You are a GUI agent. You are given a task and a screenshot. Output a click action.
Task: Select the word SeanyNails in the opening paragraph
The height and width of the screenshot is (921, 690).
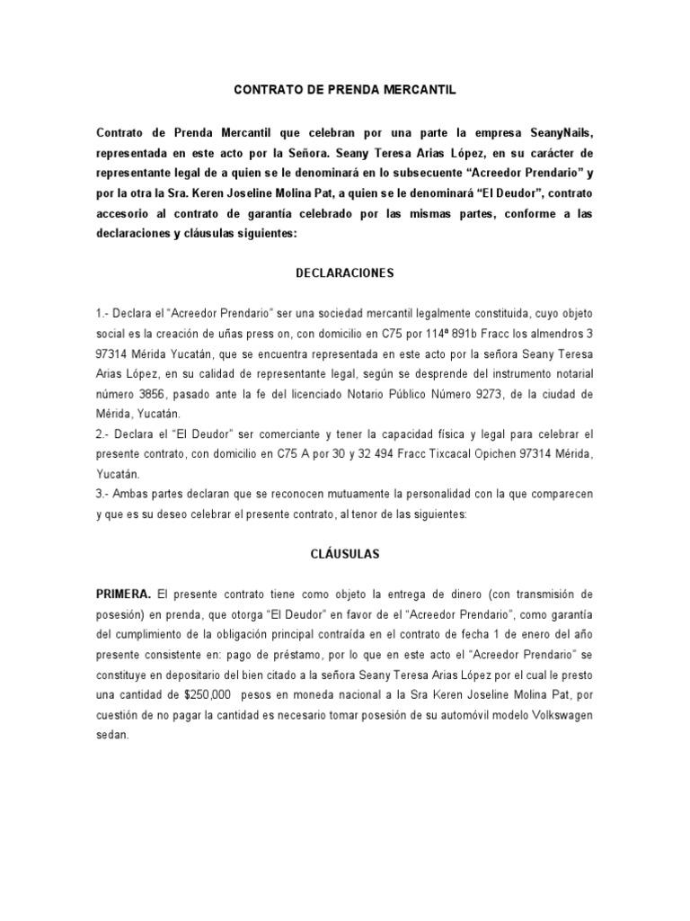(x=559, y=132)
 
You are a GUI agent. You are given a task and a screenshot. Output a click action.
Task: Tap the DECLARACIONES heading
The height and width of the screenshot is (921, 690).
(x=345, y=272)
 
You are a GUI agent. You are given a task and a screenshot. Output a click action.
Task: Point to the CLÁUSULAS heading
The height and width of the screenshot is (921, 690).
(x=345, y=554)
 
